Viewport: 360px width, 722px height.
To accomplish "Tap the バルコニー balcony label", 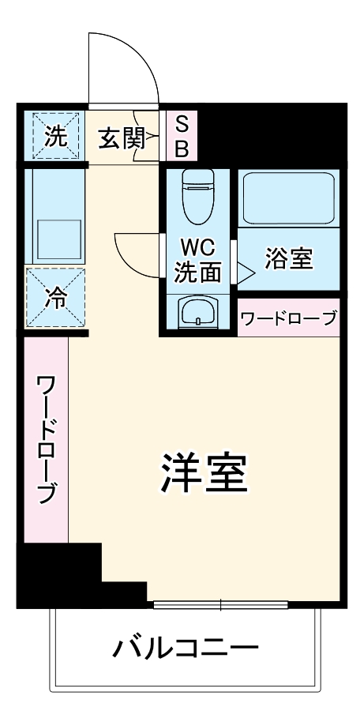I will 186,649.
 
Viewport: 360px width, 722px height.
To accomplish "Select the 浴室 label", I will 288,258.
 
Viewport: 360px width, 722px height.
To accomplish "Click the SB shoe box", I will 181,135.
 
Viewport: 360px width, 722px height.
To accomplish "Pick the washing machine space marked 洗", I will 55,136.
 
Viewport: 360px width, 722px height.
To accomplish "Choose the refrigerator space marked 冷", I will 55,298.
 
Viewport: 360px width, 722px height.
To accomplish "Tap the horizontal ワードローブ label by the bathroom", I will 288,318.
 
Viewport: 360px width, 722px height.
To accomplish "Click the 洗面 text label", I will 197,273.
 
